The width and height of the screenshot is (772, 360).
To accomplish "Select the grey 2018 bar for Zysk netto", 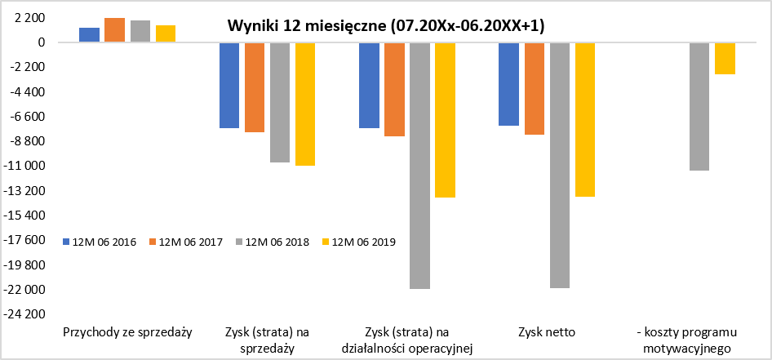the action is point(559,165).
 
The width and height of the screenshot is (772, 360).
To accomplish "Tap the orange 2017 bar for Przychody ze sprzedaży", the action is point(115,30).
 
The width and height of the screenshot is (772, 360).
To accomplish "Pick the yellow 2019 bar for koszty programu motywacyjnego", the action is point(725,59).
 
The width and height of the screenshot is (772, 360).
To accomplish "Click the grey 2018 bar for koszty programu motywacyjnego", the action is point(699,106).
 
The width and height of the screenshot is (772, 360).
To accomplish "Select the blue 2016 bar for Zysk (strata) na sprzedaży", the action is point(229,85).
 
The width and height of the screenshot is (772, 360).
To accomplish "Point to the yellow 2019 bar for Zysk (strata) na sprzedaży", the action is point(305,104).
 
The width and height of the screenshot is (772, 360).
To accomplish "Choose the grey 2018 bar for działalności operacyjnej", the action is point(420,166).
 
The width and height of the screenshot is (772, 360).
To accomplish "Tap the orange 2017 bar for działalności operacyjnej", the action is point(394,89).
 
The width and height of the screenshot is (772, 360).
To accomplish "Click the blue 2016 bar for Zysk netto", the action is point(508,84).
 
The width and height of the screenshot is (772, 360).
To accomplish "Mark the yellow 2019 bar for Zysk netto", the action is point(585,120).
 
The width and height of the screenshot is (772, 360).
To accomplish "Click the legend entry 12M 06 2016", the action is point(100,242).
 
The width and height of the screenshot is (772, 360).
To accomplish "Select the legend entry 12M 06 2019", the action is point(359,242).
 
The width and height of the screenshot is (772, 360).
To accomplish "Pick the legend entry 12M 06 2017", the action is point(187,242).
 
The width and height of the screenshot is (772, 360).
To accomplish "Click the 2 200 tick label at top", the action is point(30,18).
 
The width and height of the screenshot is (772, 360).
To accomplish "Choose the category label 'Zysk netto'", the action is point(547,332).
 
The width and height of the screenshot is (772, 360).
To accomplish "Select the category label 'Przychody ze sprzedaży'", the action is point(127,332).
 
